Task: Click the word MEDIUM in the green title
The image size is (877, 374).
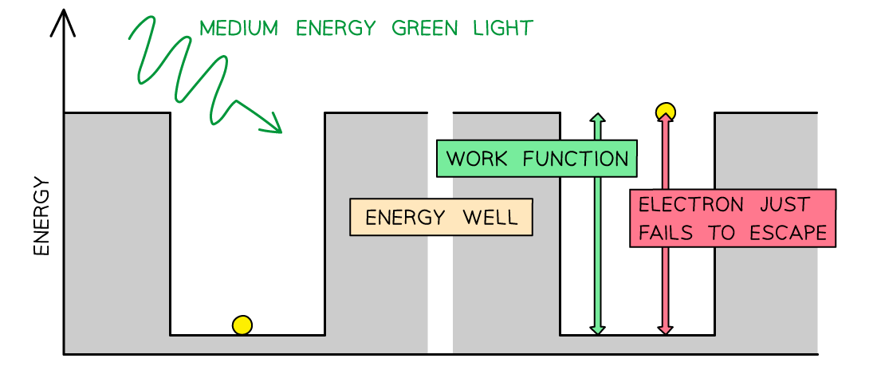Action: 238,30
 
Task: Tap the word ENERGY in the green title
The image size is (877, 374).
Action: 336,30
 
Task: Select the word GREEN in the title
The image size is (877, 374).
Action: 427,30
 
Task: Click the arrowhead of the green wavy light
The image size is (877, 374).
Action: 274,124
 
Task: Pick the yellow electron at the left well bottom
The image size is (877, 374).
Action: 242,325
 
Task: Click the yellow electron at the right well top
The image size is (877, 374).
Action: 666,112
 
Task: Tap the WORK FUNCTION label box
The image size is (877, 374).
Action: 537,159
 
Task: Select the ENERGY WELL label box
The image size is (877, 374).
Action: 441,218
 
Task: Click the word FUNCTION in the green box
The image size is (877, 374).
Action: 576,159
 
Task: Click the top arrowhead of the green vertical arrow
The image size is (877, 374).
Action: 598,119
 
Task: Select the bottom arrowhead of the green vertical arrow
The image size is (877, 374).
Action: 598,329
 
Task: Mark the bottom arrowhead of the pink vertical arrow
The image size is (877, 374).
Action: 666,329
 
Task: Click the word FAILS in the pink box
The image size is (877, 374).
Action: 665,233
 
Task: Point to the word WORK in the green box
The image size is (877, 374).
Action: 477,159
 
